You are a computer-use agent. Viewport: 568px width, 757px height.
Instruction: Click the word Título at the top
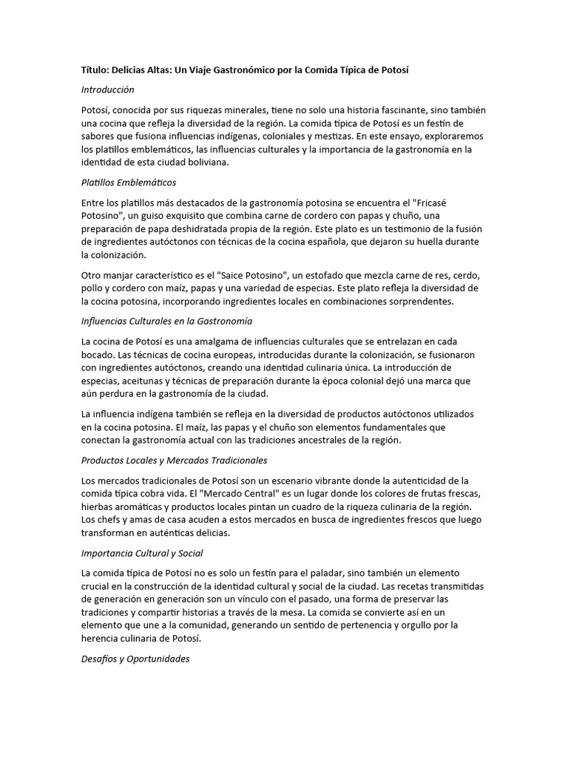(x=96, y=69)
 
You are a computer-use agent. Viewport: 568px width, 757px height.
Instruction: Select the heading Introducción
(x=108, y=89)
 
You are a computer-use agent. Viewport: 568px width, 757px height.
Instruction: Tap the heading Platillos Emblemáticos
(x=129, y=182)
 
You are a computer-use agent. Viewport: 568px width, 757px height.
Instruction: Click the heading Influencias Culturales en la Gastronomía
(x=166, y=322)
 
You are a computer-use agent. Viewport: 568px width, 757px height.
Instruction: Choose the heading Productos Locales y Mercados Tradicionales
(x=174, y=460)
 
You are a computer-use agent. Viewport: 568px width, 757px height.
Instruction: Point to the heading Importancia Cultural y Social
(x=142, y=553)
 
